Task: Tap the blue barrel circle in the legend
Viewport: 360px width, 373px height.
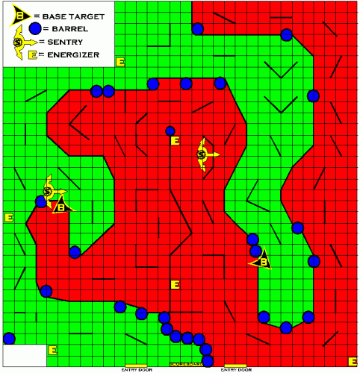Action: [34, 28]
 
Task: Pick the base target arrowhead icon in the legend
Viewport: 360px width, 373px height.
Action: [20, 14]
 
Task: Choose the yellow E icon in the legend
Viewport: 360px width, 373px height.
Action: [32, 54]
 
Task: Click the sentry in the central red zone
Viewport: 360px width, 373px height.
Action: [203, 154]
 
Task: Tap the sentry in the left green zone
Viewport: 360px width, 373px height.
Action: [49, 192]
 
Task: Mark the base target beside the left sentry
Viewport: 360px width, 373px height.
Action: [61, 207]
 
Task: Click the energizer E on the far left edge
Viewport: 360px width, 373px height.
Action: [9, 217]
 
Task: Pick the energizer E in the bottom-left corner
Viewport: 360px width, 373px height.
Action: [52, 349]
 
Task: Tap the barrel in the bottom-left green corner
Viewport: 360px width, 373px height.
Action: [9, 338]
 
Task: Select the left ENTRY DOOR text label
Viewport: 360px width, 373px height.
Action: [136, 369]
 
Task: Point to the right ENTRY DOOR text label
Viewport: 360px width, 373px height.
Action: [235, 369]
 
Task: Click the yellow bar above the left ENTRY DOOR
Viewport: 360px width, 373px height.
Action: [136, 364]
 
